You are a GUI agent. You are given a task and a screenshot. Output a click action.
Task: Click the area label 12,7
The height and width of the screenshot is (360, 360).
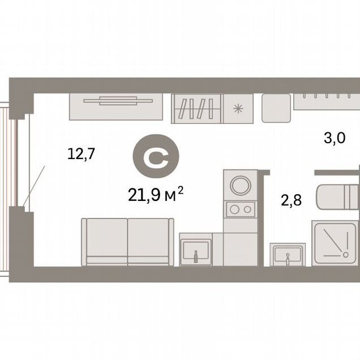click(81, 154)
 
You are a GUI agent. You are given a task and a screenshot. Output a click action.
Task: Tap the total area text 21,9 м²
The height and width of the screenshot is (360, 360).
click(156, 194)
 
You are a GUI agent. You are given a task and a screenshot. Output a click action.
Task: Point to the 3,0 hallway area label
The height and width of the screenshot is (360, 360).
click(335, 139)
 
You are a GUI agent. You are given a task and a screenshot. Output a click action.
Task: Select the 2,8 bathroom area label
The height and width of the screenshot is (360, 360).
click(292, 200)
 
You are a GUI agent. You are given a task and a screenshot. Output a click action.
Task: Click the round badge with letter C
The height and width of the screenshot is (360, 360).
click(156, 156)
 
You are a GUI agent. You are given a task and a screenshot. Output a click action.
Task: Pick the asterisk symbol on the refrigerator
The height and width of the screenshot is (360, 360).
click(238, 109)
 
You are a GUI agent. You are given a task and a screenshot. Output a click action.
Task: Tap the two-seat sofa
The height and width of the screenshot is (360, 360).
click(128, 242)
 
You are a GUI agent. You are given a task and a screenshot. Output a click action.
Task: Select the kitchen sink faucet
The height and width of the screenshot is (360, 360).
click(196, 256)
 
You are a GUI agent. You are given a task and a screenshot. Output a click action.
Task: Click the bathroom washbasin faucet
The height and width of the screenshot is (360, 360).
click(288, 259)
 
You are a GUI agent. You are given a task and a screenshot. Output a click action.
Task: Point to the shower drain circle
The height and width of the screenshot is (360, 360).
click(345, 254)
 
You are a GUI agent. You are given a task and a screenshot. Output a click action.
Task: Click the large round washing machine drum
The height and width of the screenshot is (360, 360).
click(241, 185)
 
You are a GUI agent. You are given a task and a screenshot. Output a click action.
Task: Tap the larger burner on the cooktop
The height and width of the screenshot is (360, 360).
click(234, 209)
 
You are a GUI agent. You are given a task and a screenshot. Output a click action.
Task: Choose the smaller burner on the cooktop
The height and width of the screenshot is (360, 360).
click(247, 209)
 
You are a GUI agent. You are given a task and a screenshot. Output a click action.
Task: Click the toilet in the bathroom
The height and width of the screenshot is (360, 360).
click(338, 197)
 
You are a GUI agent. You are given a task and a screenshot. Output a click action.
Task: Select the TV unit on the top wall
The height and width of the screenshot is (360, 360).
click(116, 107)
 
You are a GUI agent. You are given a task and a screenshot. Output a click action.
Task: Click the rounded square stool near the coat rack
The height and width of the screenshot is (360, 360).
click(276, 108)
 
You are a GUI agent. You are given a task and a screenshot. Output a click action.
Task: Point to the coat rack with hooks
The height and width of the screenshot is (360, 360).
click(327, 101)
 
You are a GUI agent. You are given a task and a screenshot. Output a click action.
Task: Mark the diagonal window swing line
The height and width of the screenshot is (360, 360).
click(34, 186)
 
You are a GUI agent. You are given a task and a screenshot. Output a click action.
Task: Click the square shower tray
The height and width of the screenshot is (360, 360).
click(336, 243)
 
